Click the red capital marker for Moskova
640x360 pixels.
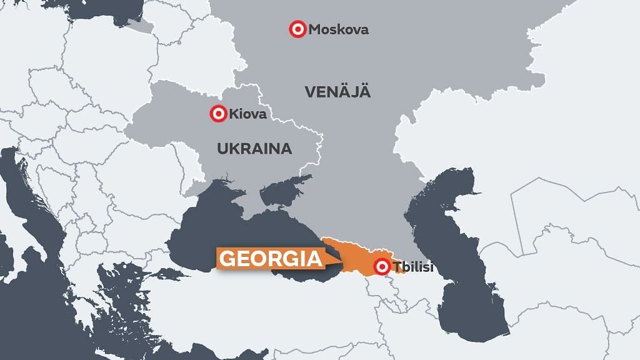298,29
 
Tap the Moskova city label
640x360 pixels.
338,29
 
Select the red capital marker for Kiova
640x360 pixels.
218,114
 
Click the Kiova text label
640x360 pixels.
247,114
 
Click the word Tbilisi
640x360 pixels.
413,269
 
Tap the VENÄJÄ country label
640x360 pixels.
338,92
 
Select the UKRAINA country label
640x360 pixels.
254,149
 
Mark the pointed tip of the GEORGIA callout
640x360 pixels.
342,262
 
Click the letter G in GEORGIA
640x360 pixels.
229,259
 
